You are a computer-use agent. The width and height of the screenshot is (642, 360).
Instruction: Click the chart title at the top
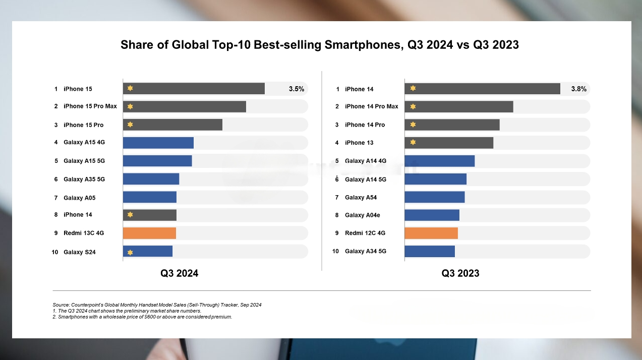(x=320, y=45)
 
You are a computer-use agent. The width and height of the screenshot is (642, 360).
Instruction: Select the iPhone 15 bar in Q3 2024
(x=194, y=89)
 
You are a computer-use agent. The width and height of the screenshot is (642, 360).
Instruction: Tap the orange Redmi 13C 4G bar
(x=149, y=233)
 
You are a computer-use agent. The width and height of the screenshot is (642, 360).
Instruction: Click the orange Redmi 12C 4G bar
(x=431, y=233)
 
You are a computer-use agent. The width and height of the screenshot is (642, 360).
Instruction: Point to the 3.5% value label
(x=296, y=89)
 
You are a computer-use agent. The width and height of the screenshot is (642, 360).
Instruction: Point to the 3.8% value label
(x=578, y=89)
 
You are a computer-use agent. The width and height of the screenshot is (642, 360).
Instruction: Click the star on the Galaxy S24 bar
(x=130, y=252)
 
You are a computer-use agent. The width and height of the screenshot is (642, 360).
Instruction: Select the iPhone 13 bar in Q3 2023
(x=449, y=143)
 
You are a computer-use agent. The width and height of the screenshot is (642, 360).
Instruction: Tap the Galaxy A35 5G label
(x=84, y=179)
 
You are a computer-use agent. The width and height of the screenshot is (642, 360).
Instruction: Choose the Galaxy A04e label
(x=363, y=215)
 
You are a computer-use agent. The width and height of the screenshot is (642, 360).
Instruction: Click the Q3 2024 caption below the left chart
(x=180, y=273)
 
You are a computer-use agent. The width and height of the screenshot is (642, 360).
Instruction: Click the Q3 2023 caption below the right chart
(x=460, y=273)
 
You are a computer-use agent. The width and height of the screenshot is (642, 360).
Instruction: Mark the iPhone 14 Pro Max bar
(x=459, y=106)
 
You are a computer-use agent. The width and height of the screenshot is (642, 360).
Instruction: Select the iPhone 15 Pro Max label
(x=90, y=106)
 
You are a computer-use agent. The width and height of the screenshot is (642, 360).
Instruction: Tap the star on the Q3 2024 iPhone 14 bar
(x=130, y=215)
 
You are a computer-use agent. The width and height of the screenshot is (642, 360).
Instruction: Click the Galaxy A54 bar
(x=435, y=197)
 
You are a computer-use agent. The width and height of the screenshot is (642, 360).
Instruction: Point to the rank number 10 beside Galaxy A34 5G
(x=335, y=251)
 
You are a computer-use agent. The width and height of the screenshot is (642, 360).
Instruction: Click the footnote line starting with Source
(x=157, y=305)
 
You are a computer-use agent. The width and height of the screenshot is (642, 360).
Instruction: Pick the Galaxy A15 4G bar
(x=158, y=143)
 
